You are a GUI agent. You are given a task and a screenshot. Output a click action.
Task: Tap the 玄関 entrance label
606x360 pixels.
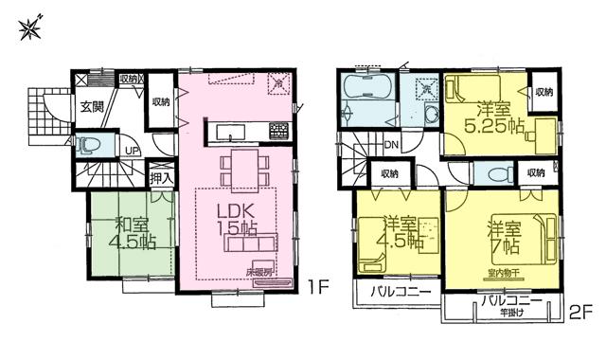click(91, 106)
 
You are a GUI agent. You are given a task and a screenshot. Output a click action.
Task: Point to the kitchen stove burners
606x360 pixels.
click(279, 129)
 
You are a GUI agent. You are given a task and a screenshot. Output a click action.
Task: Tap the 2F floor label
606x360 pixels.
click(579, 310)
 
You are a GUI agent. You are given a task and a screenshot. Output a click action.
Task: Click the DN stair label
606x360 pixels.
click(391, 145)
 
